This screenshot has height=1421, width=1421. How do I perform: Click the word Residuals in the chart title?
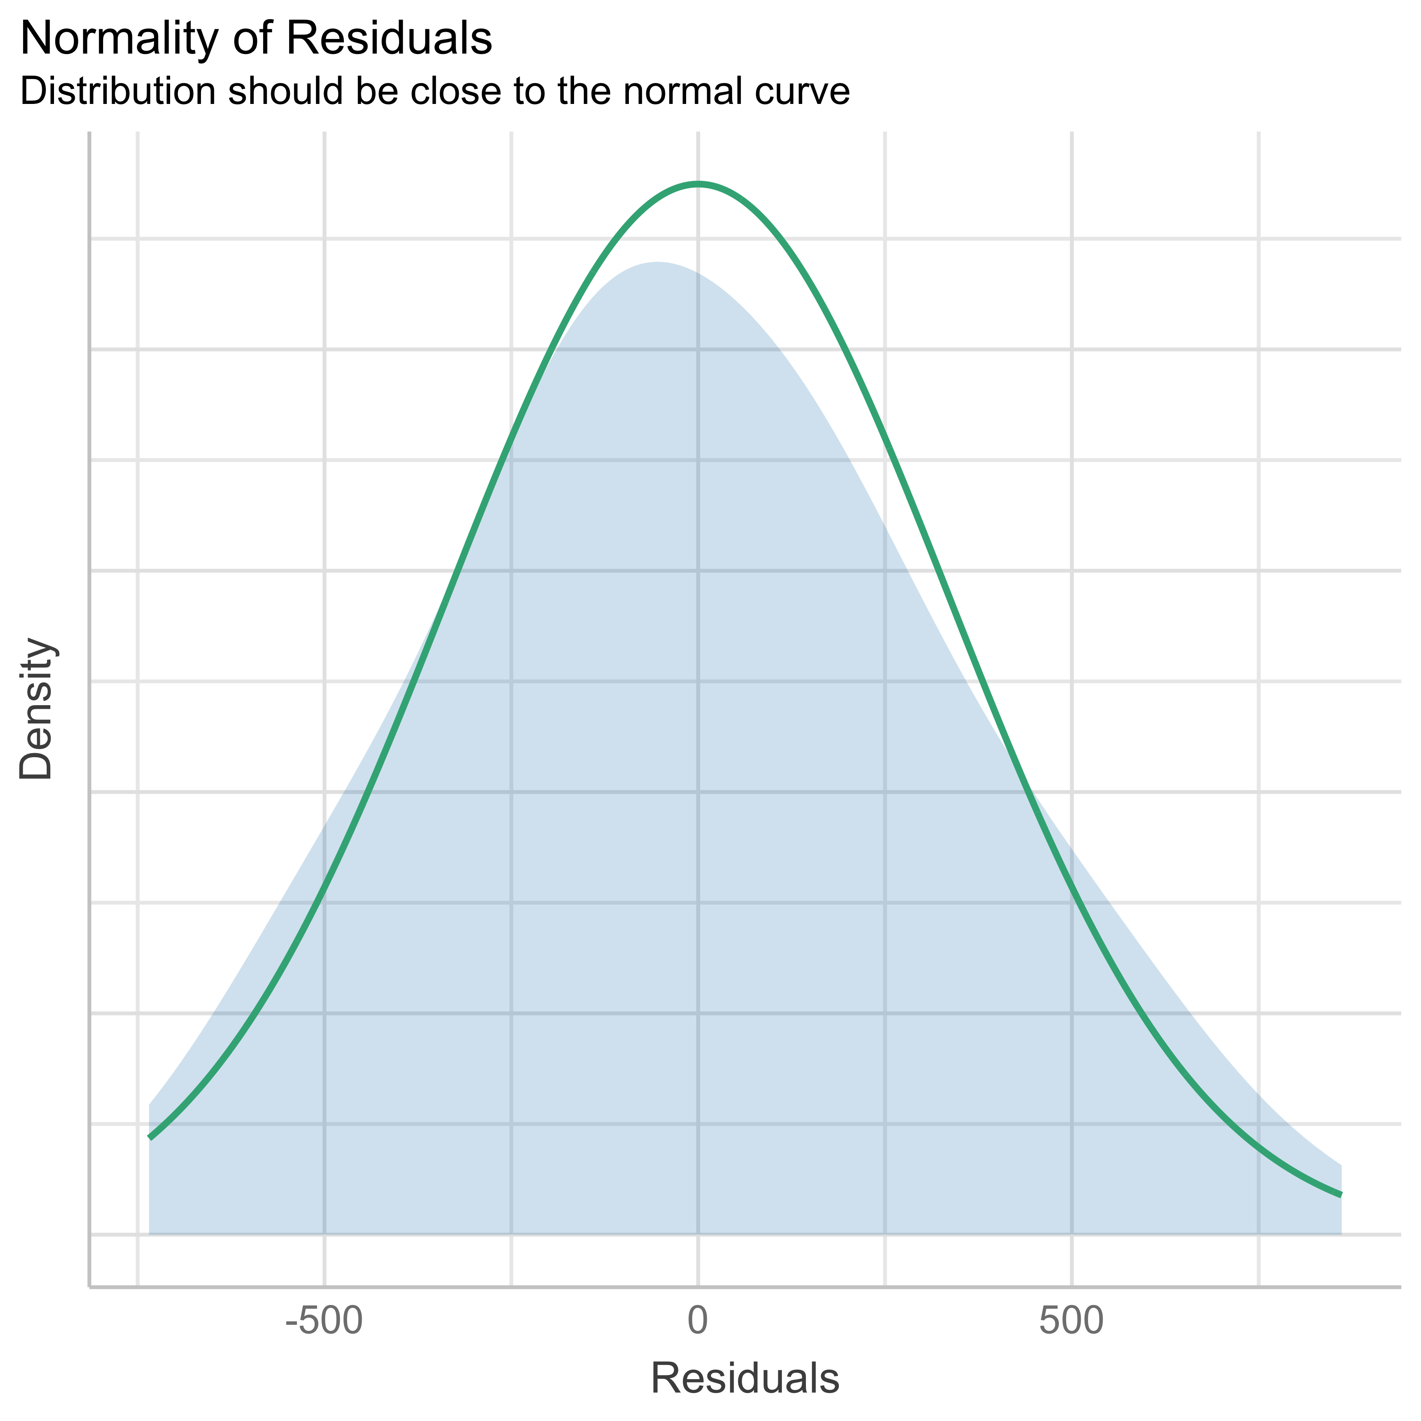coord(395,40)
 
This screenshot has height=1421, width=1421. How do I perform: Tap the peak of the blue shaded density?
coord(656,263)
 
